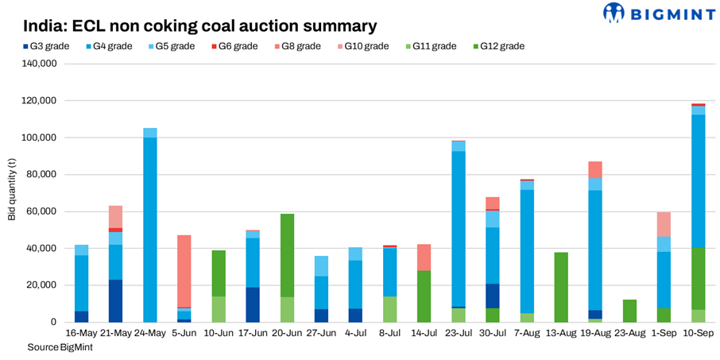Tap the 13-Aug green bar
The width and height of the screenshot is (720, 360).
(x=561, y=287)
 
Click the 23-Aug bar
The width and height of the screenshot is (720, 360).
(x=630, y=311)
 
